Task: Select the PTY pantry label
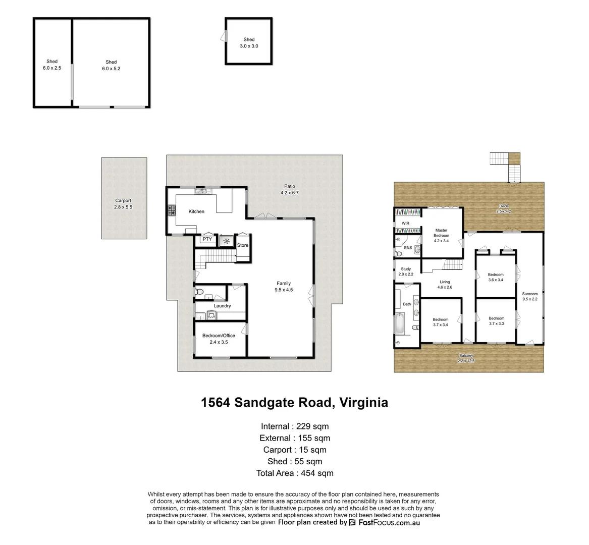[207, 239]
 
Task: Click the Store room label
[243, 245]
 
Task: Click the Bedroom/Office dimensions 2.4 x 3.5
[219, 342]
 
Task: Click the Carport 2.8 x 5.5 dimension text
[123, 207]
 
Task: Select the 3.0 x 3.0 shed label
[249, 46]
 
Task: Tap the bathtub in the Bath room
[400, 323]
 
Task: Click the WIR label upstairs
[405, 223]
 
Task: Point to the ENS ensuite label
[408, 248]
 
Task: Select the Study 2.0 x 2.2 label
[406, 271]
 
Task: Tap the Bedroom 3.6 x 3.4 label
[496, 277]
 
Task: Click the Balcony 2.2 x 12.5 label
[466, 358]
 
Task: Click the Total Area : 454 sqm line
[295, 473]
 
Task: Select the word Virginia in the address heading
[363, 403]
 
